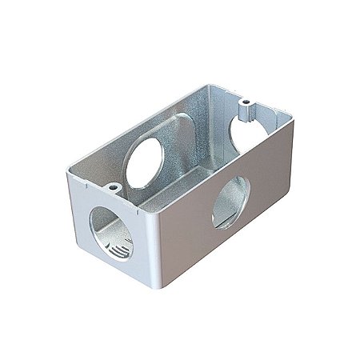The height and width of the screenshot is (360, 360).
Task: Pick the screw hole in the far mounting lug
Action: [246, 103]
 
